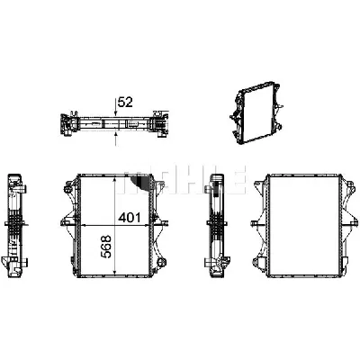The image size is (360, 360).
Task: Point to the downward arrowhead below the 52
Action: tap(117, 113)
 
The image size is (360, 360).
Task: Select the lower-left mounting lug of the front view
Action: tap(67, 261)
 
